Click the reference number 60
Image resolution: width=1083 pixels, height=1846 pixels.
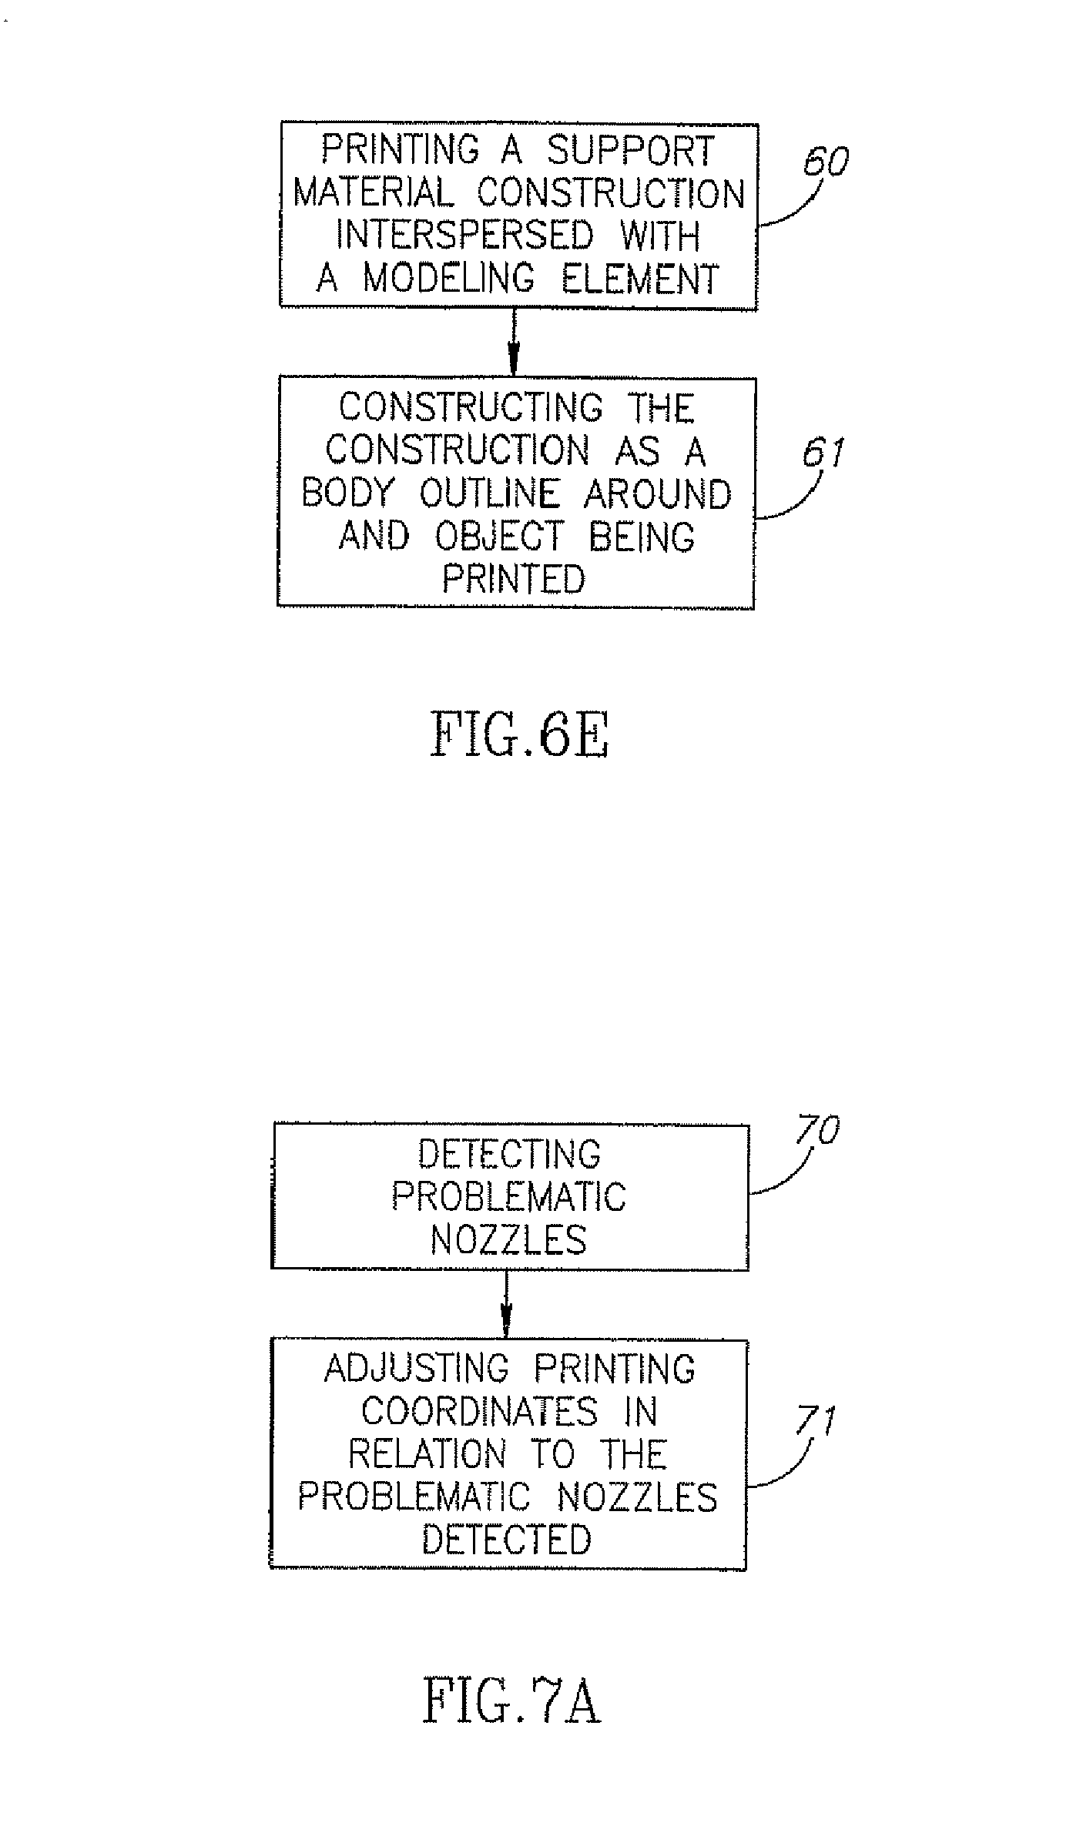coord(826,162)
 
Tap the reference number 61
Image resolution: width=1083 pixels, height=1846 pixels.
coord(823,453)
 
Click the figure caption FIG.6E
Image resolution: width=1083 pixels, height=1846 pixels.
coord(520,734)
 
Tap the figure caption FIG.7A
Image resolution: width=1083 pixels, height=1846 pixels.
coord(511,1702)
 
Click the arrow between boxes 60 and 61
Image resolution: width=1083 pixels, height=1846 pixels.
coord(513,343)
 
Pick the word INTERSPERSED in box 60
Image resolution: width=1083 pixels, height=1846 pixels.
coord(465,235)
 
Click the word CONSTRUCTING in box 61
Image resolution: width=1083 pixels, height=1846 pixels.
coord(471,408)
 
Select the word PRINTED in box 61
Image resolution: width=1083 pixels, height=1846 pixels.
coord(514,579)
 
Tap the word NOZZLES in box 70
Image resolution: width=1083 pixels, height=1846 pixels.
coord(508,1240)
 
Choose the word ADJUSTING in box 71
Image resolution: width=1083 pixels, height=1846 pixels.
coord(416,1369)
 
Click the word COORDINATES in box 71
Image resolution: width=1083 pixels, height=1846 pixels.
coord(479,1412)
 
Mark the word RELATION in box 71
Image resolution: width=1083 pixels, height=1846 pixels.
coord(427,1454)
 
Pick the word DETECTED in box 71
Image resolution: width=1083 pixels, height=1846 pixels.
coord(507,1540)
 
